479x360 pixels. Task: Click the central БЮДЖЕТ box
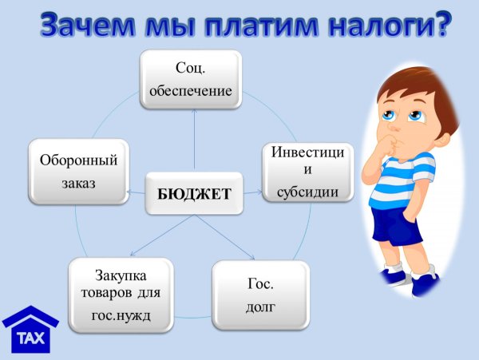(195, 192)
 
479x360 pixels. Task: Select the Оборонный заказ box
(78, 171)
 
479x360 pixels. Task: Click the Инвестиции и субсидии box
(307, 171)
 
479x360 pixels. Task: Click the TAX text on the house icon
(31, 338)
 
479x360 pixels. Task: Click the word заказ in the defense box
(78, 184)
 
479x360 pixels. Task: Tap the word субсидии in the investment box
(307, 192)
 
